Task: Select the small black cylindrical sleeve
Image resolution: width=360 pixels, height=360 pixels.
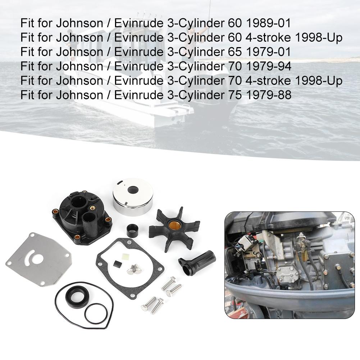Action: click(132, 229)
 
